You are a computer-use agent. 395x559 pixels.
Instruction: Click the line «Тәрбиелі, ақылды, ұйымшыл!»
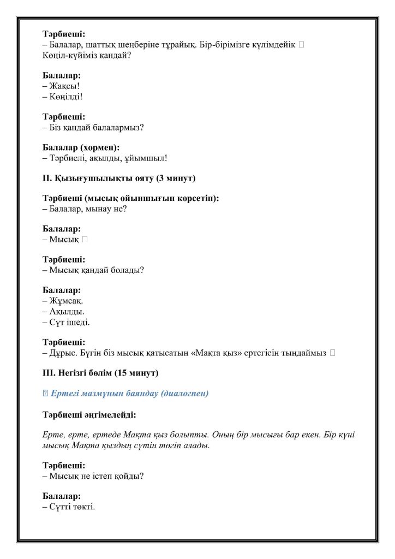click(108, 158)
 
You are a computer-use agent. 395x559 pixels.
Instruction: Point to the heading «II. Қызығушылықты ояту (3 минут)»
click(119, 179)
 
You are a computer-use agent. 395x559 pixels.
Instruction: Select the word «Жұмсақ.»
click(66, 301)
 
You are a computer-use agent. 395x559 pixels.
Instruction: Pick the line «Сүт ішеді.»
click(69, 322)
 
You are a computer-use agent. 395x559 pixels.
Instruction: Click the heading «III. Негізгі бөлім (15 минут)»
click(100, 373)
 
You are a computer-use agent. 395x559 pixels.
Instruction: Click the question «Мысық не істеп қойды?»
click(96, 475)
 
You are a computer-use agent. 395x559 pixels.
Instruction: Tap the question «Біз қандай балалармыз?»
click(96, 127)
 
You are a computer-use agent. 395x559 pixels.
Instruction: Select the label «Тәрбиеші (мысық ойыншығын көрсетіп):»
click(130, 198)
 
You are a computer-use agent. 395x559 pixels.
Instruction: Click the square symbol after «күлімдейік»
click(302, 45)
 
